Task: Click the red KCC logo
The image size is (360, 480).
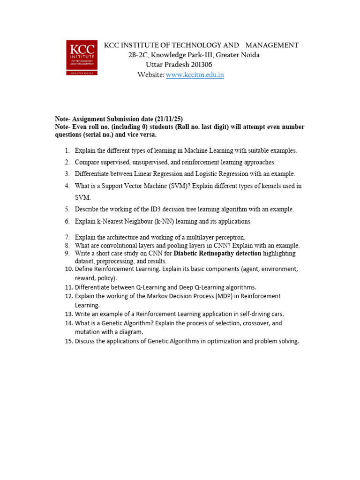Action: click(82, 58)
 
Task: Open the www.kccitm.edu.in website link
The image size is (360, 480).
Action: click(195, 75)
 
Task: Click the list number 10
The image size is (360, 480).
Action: click(69, 269)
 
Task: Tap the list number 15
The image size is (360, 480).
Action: click(69, 341)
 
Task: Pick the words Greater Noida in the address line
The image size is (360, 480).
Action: click(238, 55)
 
